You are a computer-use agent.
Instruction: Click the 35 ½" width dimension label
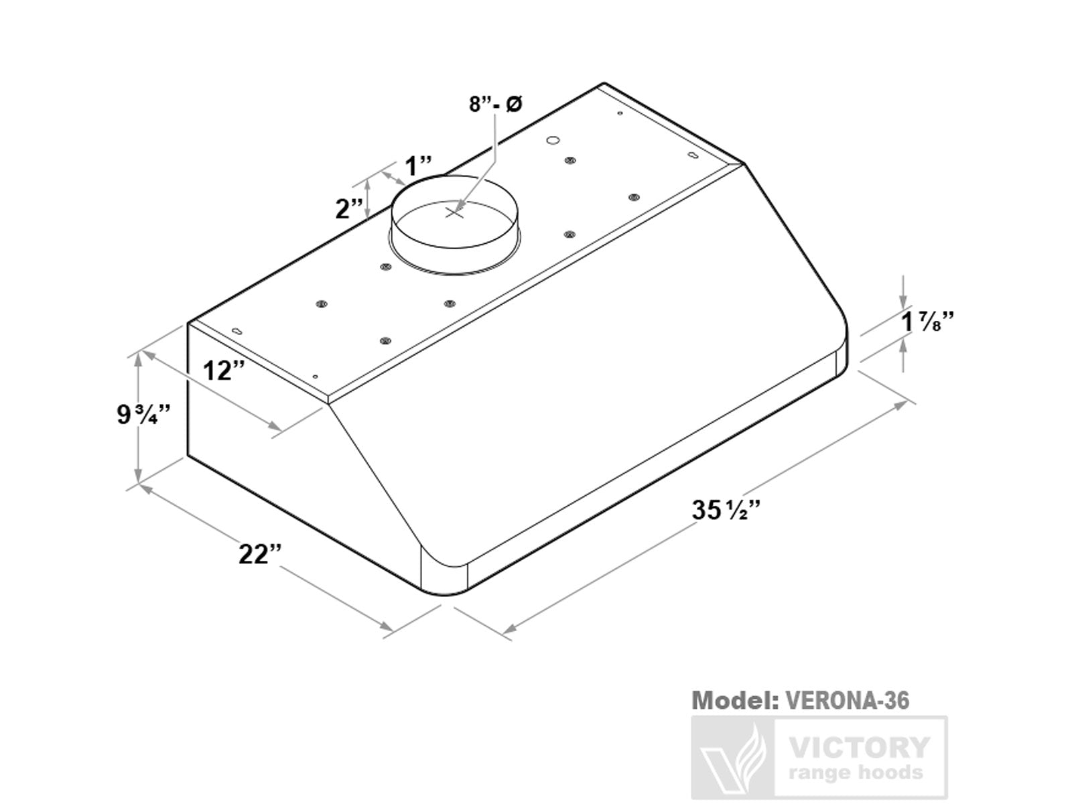tap(726, 511)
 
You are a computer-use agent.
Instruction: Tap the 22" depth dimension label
tap(260, 555)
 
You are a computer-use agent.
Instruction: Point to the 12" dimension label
tap(224, 370)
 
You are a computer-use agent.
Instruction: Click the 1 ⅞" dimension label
tap(927, 322)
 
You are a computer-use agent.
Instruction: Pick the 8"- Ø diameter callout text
tap(495, 105)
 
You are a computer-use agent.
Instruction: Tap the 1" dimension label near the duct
tap(419, 165)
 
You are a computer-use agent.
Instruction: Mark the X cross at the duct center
tap(455, 212)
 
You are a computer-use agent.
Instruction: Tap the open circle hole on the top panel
tap(553, 140)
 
